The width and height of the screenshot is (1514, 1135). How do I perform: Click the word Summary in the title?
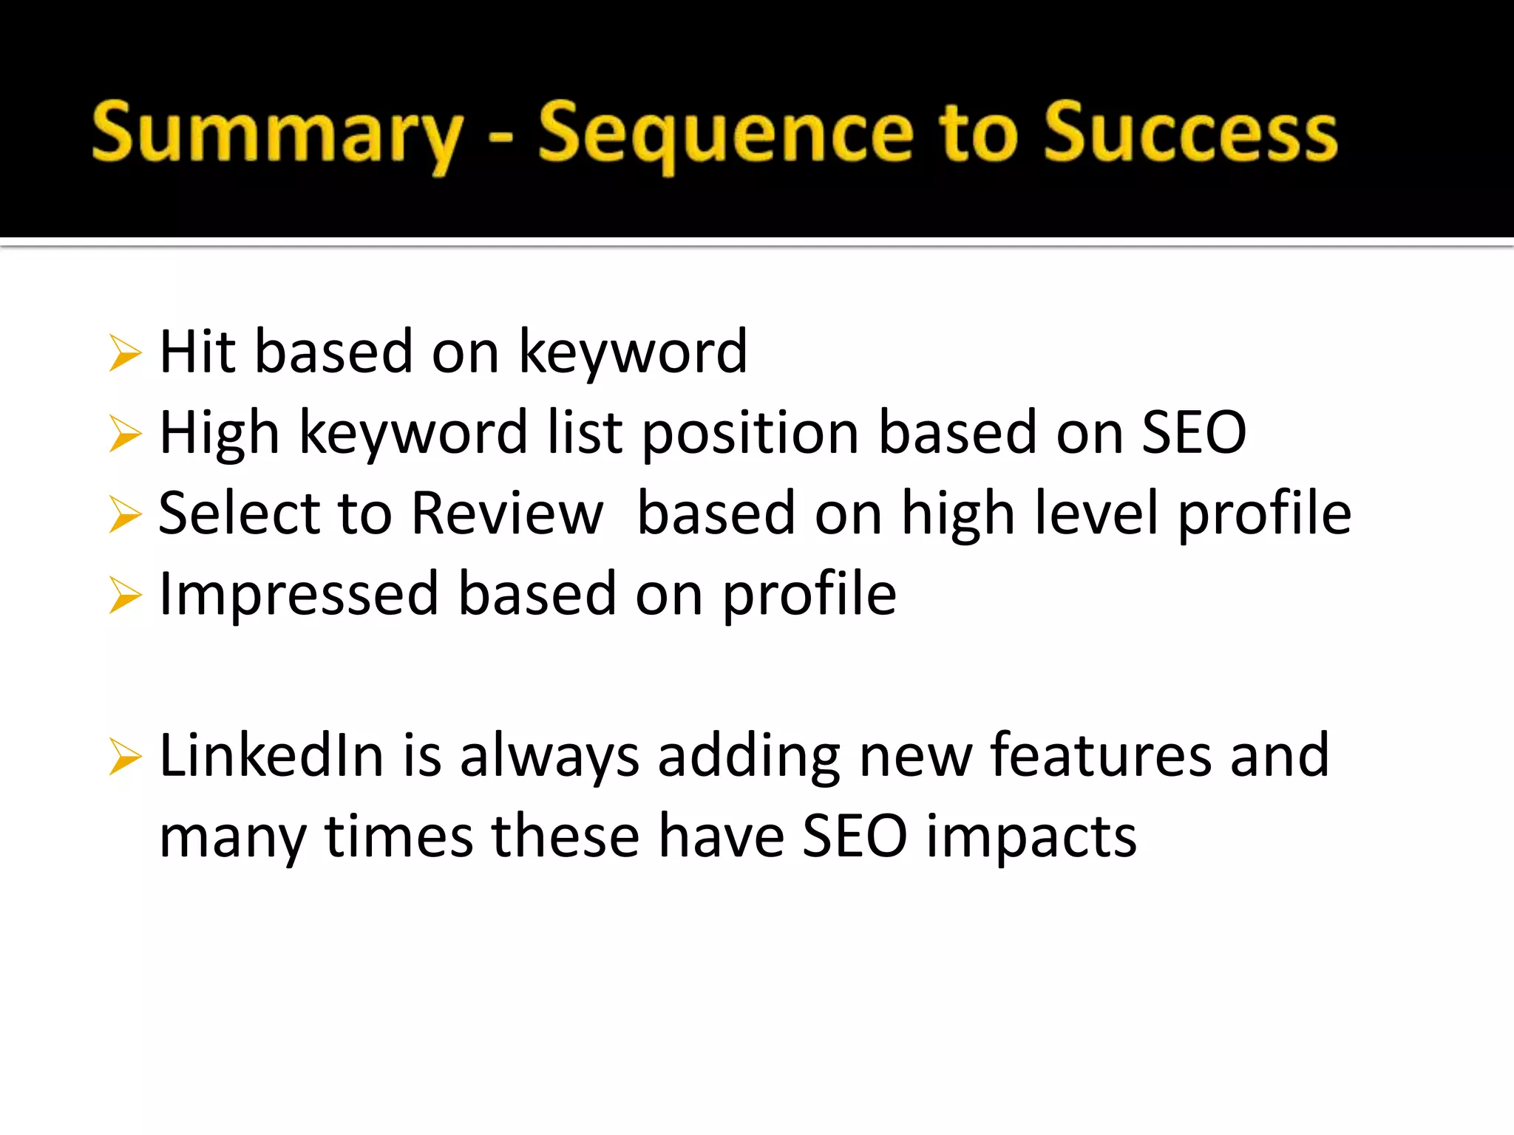[277, 133]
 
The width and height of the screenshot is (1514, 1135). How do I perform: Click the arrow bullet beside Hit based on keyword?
[124, 352]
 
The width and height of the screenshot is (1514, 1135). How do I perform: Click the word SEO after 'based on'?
[1193, 432]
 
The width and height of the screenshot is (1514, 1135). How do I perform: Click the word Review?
[507, 513]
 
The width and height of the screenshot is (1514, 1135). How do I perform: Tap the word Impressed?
[299, 594]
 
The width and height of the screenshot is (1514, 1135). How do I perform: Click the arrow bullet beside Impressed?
[124, 595]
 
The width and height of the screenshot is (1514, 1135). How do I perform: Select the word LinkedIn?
[271, 755]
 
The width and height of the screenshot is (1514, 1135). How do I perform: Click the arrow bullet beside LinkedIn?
[124, 757]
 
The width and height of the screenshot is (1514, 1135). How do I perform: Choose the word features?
[1101, 755]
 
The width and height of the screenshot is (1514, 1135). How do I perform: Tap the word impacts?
[1031, 837]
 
